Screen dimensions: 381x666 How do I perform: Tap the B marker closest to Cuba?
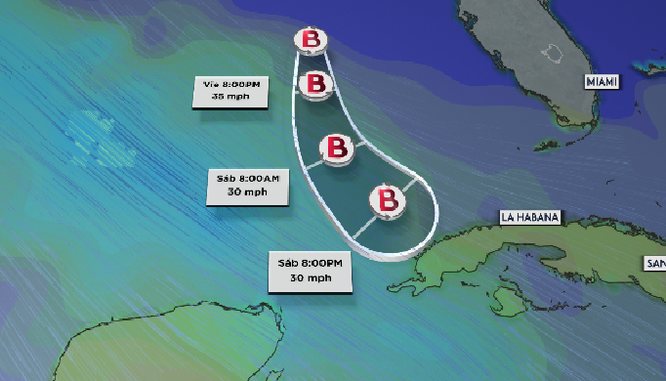387,200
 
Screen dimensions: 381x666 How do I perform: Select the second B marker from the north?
315,83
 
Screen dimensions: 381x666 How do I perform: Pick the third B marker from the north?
337,148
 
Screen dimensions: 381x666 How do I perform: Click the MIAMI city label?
602,83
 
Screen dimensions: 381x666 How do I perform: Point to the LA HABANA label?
530,217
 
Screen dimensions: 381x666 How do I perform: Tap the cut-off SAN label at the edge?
653,263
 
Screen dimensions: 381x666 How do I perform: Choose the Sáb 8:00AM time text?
251,179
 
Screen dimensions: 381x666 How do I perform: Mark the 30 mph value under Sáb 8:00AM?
251,192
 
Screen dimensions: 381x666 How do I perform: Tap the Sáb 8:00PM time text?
311,264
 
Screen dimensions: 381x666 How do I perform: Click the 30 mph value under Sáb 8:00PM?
311,278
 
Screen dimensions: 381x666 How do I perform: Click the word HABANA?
538,217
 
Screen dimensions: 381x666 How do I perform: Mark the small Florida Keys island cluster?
547,145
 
